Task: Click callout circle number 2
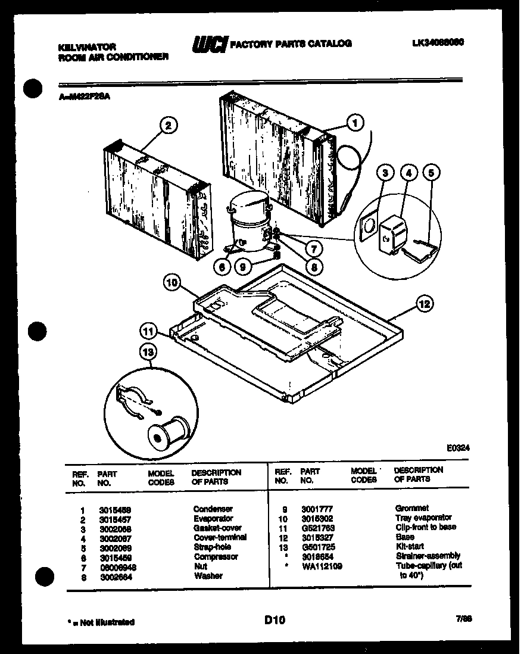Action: point(169,125)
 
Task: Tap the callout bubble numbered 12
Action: point(424,304)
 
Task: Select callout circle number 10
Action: point(173,284)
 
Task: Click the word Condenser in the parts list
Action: point(213,509)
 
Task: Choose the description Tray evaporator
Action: point(423,518)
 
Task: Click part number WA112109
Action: point(322,566)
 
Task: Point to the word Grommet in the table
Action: point(411,508)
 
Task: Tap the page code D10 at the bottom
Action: point(275,621)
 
